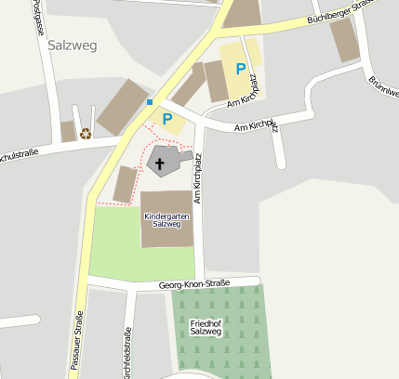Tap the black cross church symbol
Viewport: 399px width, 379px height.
click(x=160, y=166)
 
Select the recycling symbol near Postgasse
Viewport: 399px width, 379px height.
click(x=86, y=133)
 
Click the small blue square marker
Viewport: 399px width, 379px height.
click(x=149, y=102)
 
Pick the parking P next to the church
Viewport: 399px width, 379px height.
click(x=167, y=119)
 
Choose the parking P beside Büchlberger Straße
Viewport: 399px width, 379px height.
click(x=241, y=68)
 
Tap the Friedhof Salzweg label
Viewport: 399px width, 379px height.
click(x=206, y=327)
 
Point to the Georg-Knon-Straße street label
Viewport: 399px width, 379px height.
click(x=193, y=285)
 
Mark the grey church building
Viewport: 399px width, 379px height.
click(x=166, y=162)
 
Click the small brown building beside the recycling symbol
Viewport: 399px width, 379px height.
click(x=68, y=131)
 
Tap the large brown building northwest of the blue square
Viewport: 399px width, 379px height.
click(x=123, y=106)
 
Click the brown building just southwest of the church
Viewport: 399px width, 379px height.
click(x=125, y=184)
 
